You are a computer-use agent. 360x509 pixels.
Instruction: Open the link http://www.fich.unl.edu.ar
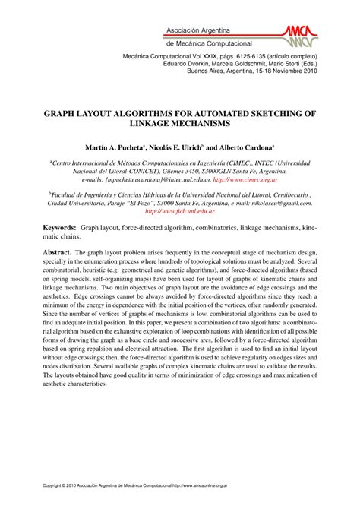pos(179,212)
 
